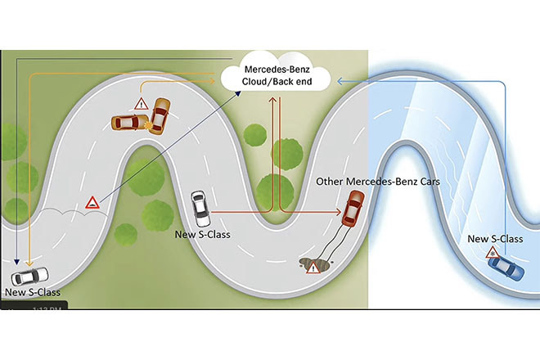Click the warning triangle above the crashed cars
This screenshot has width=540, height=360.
click(x=142, y=103)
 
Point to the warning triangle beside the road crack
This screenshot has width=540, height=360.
click(x=93, y=202)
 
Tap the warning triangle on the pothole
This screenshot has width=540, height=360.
click(x=313, y=268)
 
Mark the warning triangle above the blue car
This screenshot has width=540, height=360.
click(x=493, y=252)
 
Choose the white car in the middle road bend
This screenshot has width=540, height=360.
click(x=200, y=209)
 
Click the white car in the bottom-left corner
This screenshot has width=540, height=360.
click(x=29, y=277)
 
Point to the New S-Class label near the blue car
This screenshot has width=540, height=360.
click(x=494, y=238)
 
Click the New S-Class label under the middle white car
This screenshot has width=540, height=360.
click(x=202, y=235)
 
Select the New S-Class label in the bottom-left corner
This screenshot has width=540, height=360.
click(x=33, y=291)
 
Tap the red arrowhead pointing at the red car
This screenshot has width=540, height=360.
click(x=338, y=212)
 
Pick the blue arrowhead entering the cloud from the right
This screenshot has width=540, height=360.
click(x=337, y=79)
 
